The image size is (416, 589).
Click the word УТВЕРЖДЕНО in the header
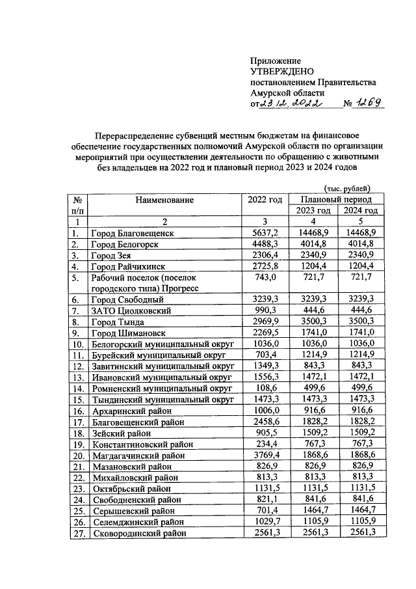(283, 71)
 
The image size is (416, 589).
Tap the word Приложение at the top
(275, 60)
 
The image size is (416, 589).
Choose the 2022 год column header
(265, 199)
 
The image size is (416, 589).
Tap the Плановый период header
(336, 199)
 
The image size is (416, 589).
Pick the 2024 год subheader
(360, 210)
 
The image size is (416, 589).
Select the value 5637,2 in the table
(265, 232)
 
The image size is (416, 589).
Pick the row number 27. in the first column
(77, 533)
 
